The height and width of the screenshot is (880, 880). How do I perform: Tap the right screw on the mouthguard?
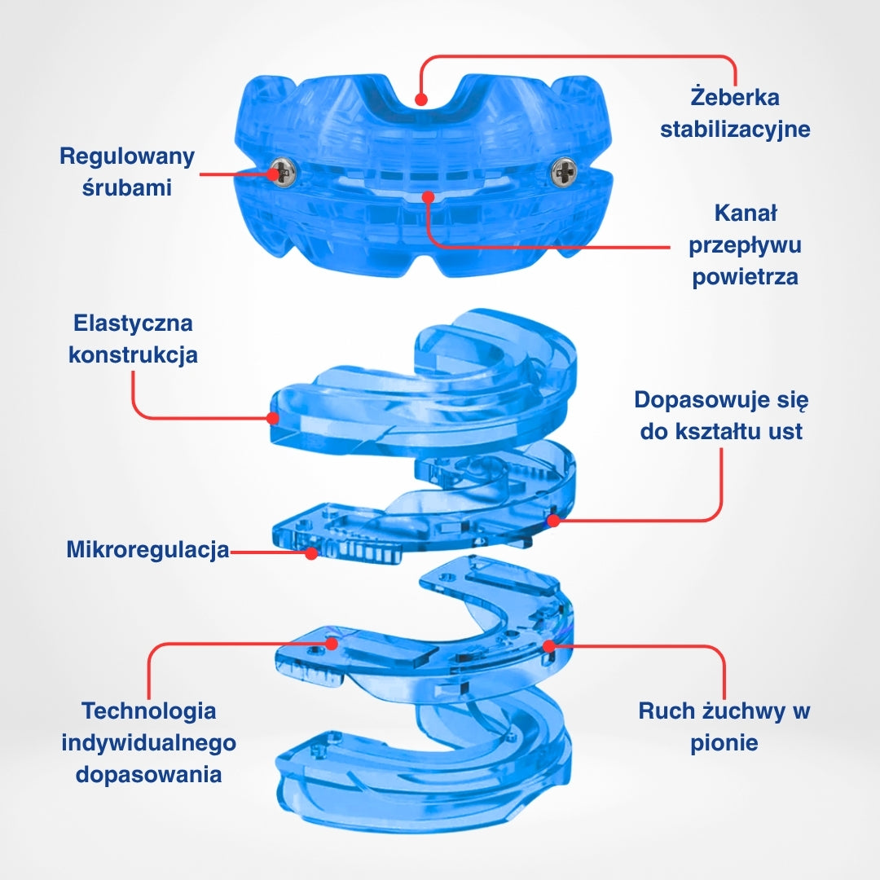click(564, 171)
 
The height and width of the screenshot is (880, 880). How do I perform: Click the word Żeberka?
click(734, 97)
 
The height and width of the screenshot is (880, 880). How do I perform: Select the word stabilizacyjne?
click(735, 129)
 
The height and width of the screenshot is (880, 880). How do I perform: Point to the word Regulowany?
click(127, 156)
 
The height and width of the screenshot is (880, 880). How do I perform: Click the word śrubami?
click(127, 187)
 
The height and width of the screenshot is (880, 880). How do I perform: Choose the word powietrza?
click(745, 276)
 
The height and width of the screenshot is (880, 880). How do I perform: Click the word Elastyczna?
click(133, 323)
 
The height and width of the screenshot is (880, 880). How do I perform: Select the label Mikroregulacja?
click(147, 550)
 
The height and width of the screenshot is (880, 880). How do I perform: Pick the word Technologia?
click(148, 711)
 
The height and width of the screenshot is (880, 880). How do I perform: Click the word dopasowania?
click(148, 773)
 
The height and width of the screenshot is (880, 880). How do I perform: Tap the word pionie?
click(724, 742)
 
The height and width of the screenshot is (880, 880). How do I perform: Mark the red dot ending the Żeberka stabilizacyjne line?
click(420, 99)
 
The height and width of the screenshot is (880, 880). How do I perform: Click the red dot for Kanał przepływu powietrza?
click(428, 196)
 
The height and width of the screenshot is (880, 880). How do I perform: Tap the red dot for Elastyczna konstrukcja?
click(272, 418)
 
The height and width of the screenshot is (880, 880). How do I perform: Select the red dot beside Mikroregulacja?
click(311, 553)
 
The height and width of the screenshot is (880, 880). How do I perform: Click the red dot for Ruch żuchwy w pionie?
click(549, 646)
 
